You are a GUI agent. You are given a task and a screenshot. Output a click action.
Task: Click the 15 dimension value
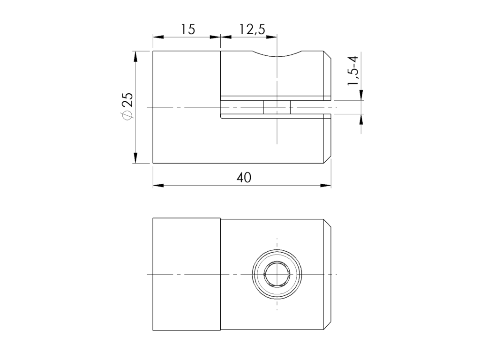pyautogui.click(x=187, y=30)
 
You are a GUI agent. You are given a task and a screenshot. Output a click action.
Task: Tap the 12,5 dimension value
pyautogui.click(x=252, y=30)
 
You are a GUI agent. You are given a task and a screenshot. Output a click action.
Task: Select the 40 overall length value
pyautogui.click(x=244, y=178)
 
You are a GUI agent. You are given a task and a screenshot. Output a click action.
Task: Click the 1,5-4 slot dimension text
pyautogui.click(x=353, y=71)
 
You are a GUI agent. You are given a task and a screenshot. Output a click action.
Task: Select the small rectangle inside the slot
pyautogui.click(x=277, y=107)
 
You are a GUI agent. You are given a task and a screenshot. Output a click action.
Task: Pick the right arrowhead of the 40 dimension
pyautogui.click(x=326, y=186)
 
